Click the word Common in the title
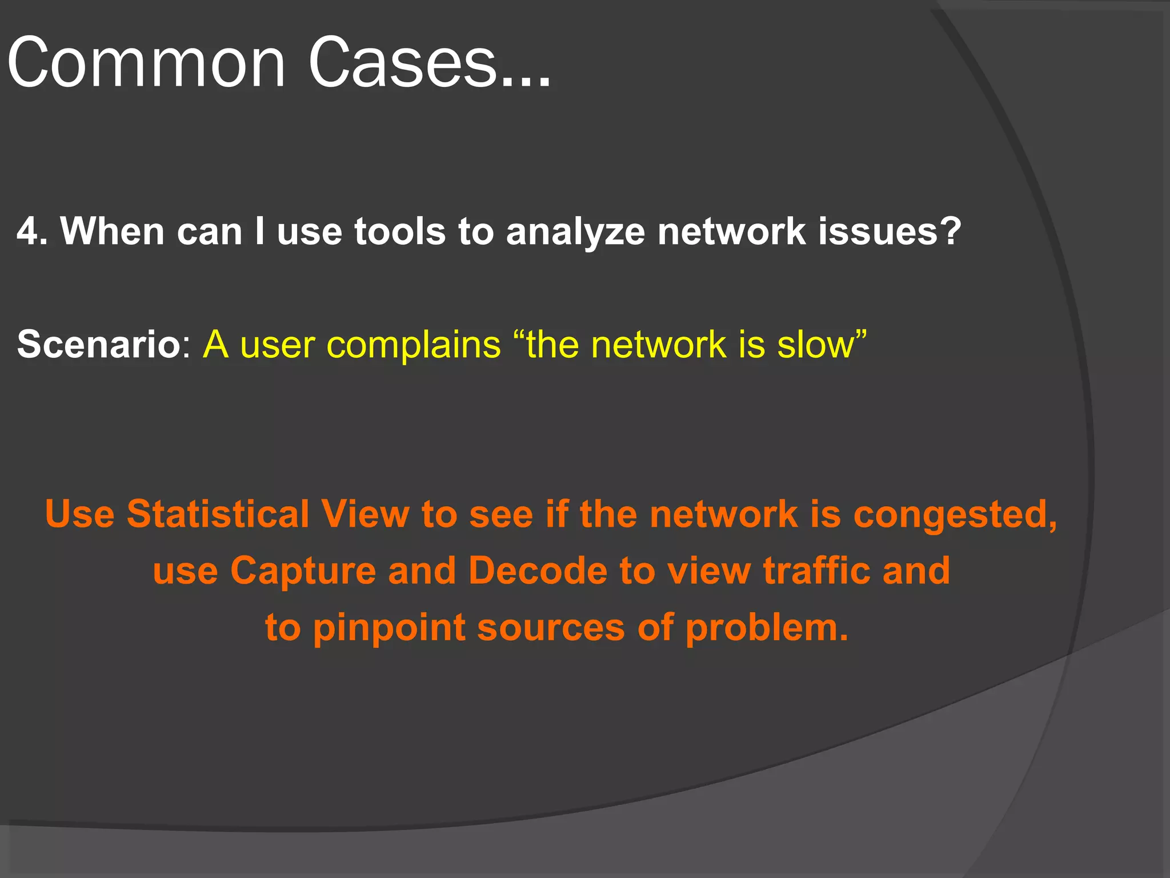[146, 63]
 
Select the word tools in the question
[399, 232]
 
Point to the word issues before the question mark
[877, 232]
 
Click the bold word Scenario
[99, 345]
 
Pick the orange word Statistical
[218, 514]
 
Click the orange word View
[365, 514]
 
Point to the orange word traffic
[816, 570]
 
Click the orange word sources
[551, 628]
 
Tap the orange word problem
[766, 628]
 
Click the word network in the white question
[731, 232]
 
